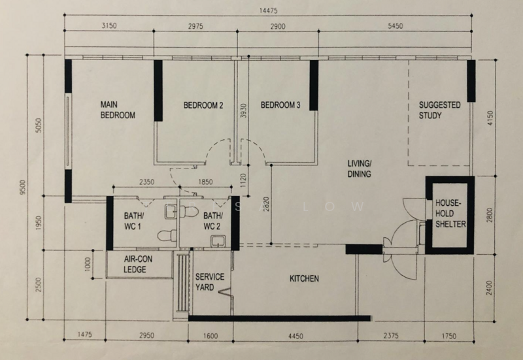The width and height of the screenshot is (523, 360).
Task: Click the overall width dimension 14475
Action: point(268,10)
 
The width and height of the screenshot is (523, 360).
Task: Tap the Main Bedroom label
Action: point(118,110)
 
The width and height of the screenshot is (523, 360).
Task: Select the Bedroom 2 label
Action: point(203,105)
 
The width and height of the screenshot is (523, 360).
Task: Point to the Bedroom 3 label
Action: point(280,105)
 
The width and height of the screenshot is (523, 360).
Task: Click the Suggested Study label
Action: point(439,110)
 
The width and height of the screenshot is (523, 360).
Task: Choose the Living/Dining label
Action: point(359,169)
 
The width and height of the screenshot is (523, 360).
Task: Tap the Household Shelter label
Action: point(450,214)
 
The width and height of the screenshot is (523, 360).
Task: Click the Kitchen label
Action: point(304,278)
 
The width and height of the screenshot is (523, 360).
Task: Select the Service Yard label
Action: point(209,282)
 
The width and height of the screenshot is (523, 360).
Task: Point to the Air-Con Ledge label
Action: point(138,265)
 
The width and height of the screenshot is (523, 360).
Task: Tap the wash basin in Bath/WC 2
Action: point(218,241)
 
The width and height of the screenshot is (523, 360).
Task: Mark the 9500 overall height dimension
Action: point(22,188)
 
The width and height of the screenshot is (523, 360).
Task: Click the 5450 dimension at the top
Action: point(395,26)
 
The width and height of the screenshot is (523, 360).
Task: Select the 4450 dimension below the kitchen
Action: point(295,336)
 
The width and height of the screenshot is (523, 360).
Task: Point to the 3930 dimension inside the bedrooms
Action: point(243,110)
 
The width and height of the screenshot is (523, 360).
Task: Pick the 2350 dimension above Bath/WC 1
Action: point(146,182)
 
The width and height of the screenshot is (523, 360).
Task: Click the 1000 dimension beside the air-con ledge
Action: point(88,265)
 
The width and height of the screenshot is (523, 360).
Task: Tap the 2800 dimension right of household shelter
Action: point(489,216)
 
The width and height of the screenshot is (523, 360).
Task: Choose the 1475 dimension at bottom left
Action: point(84,335)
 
